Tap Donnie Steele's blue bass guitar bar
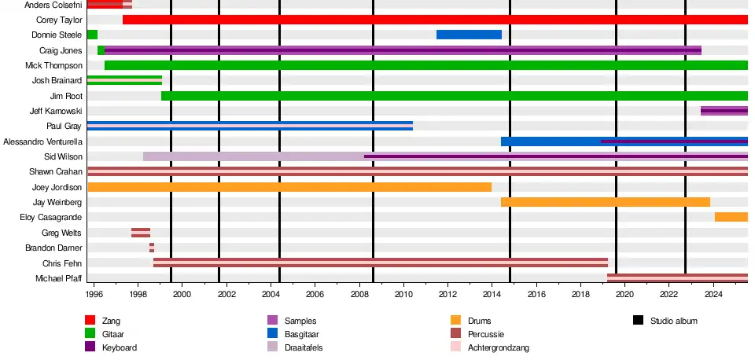coord(469,35)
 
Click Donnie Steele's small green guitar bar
coord(92,35)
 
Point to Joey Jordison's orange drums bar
coord(289,187)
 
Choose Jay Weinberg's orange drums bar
coord(605,202)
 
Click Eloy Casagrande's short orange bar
coord(731,217)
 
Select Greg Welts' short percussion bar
coord(141,233)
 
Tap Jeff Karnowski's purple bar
coord(724,111)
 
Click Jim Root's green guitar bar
coord(454,96)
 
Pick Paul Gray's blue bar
coord(249,126)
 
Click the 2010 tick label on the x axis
coord(403,295)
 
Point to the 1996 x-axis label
coord(94,295)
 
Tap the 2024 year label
coord(713,295)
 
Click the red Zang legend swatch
coord(90,321)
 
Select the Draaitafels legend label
coord(302,347)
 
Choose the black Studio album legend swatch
coord(639,321)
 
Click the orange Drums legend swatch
coord(456,321)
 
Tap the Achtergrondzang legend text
coord(499,347)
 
